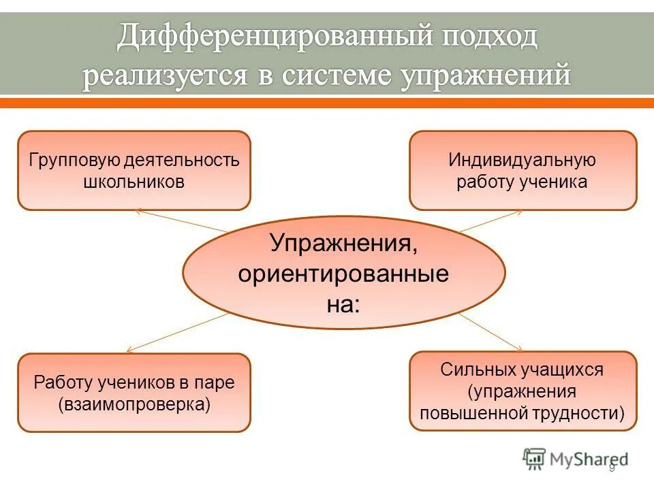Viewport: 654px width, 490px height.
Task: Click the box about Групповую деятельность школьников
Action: pyautogui.click(x=134, y=171)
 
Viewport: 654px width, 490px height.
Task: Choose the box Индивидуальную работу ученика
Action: pyautogui.click(x=523, y=171)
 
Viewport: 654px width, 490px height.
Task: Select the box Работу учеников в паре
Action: pyautogui.click(x=134, y=393)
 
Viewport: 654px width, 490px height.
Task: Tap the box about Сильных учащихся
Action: pyautogui.click(x=523, y=391)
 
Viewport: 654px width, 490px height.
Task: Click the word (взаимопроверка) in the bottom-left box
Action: pyautogui.click(x=134, y=404)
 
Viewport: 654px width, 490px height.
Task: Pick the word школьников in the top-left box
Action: pyautogui.click(x=134, y=182)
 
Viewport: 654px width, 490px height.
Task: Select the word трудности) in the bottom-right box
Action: pyautogui.click(x=587, y=412)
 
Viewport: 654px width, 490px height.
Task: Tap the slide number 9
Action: pyautogui.click(x=612, y=468)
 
